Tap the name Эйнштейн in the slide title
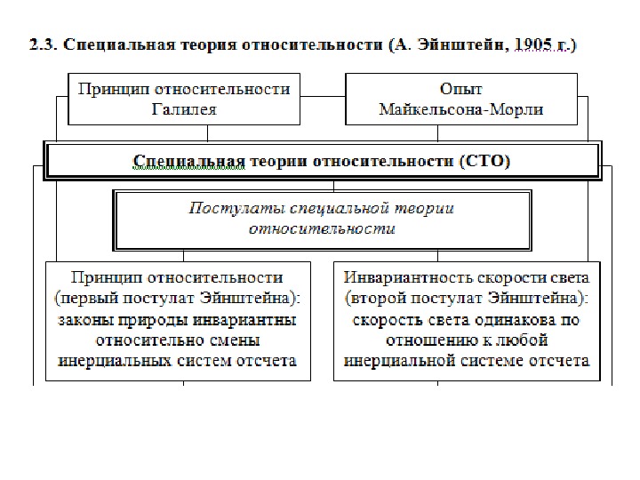[x=468, y=45]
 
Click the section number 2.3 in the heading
[x=42, y=45]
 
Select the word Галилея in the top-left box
[x=184, y=110]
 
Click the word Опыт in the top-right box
[x=461, y=90]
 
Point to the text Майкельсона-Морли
[x=461, y=110]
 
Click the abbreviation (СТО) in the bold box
[x=485, y=161]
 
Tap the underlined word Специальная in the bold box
[x=188, y=161]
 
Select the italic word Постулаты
[x=224, y=208]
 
